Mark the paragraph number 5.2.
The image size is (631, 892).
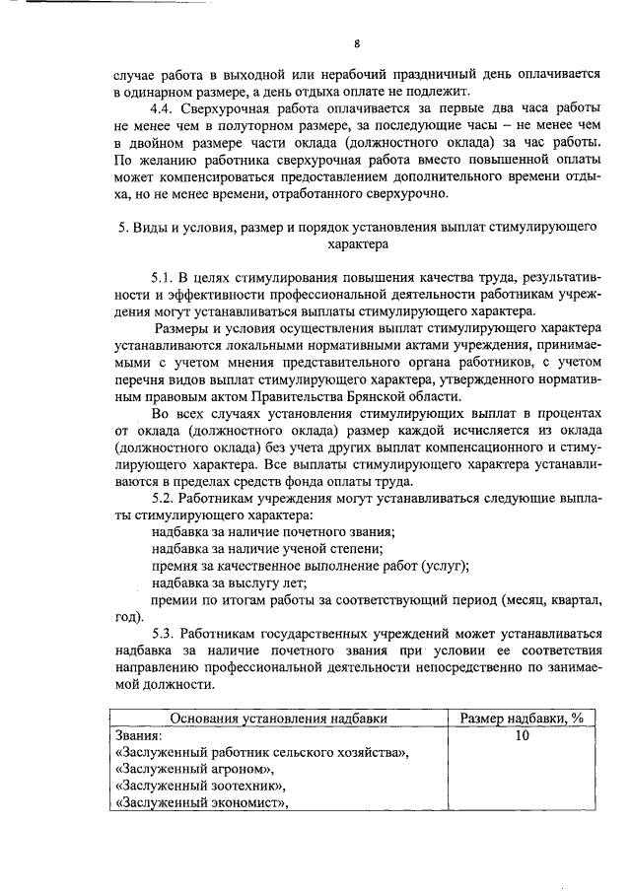pos(164,500)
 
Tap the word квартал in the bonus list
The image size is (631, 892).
pos(569,600)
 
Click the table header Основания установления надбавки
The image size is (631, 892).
pos(277,719)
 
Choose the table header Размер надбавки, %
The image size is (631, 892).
pos(523,719)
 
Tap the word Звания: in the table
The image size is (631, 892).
pos(139,736)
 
